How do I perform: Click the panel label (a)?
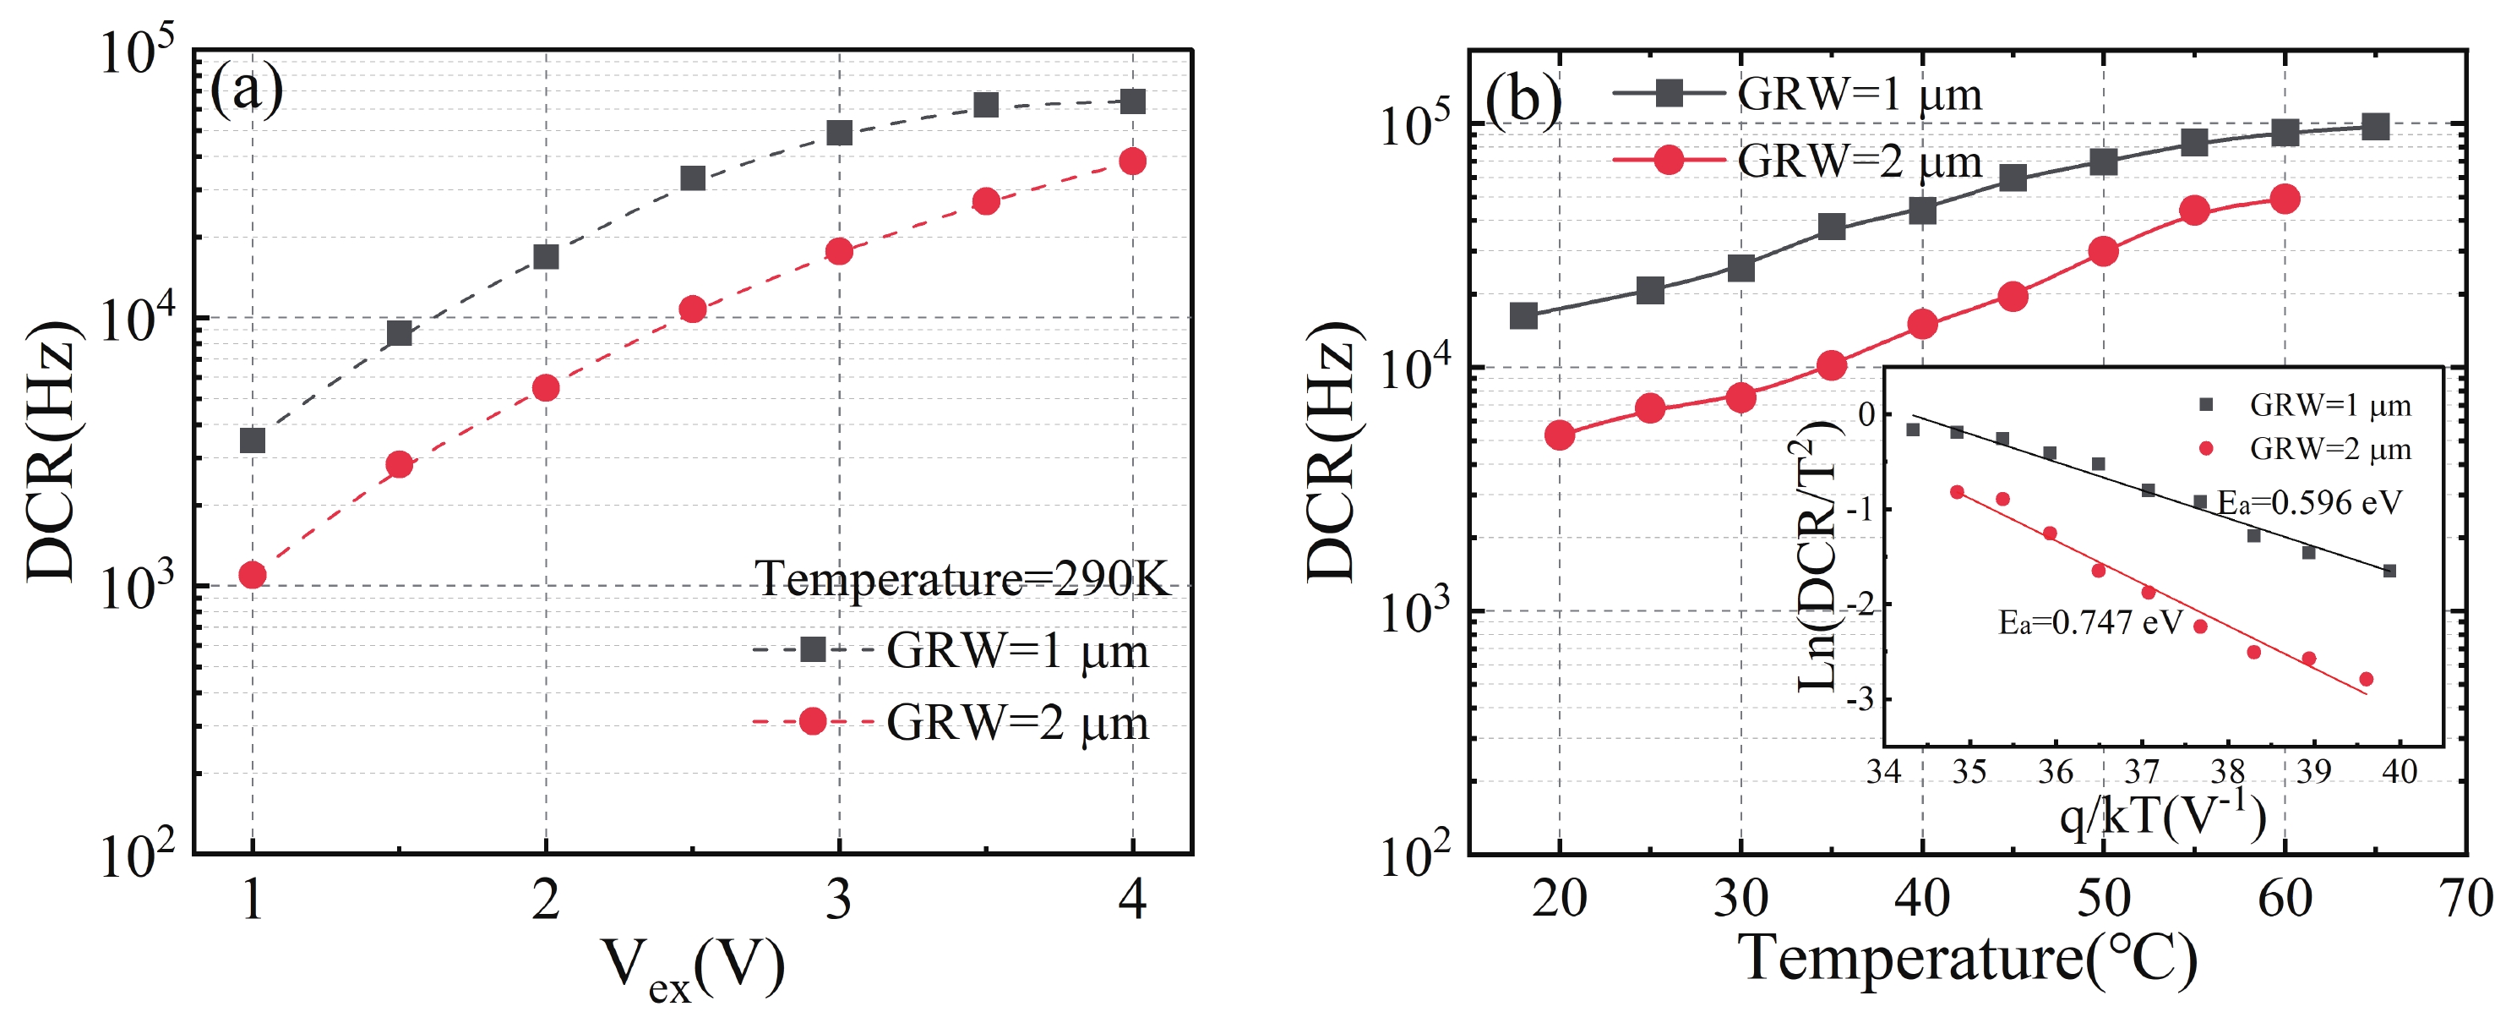click(246, 90)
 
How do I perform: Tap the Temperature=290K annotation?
click(962, 579)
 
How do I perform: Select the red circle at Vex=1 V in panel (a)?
click(253, 576)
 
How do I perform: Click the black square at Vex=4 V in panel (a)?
click(1132, 101)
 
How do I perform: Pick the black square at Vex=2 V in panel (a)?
click(547, 257)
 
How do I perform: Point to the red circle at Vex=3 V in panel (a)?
click(839, 252)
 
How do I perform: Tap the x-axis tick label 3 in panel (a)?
click(839, 900)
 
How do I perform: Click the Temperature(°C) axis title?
click(1967, 959)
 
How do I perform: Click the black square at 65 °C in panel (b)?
click(2375, 127)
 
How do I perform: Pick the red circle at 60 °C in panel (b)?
click(2285, 200)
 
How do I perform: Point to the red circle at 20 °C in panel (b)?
click(1560, 435)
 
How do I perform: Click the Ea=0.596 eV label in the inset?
click(2309, 503)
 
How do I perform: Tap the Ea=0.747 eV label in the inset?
click(2090, 622)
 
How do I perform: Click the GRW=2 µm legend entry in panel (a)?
click(1016, 723)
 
